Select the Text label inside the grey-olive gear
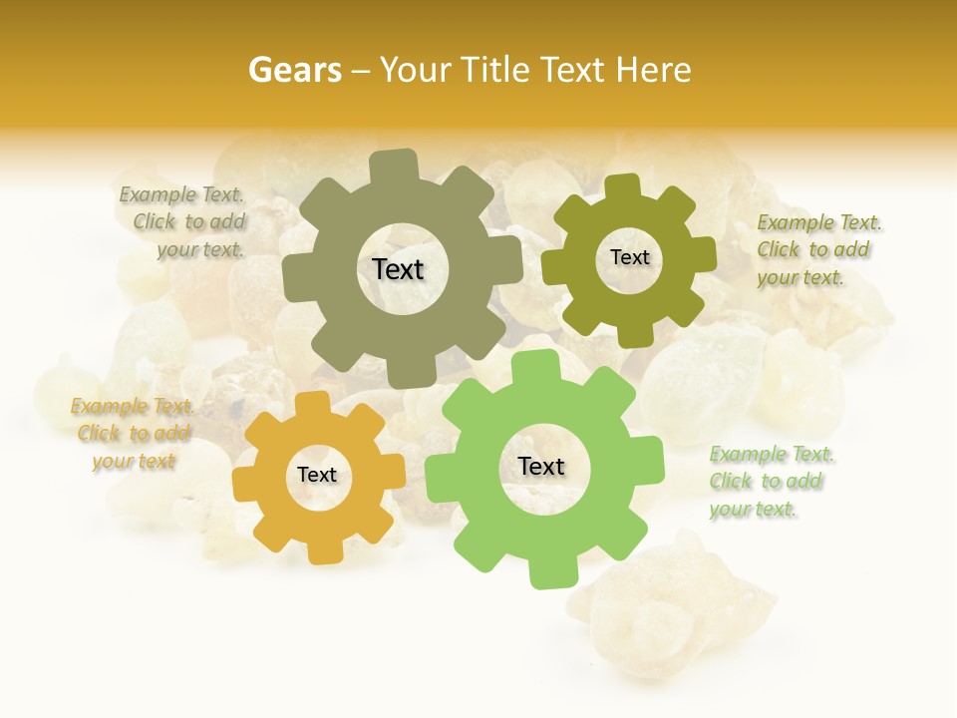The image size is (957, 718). pos(398,269)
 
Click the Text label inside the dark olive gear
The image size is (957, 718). pos(629,257)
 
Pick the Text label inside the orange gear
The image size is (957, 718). pos(317,475)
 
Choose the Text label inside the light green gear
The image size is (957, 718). pos(541,466)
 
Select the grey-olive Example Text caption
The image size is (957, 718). pos(183,222)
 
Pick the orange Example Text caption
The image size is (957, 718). pos(132,434)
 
